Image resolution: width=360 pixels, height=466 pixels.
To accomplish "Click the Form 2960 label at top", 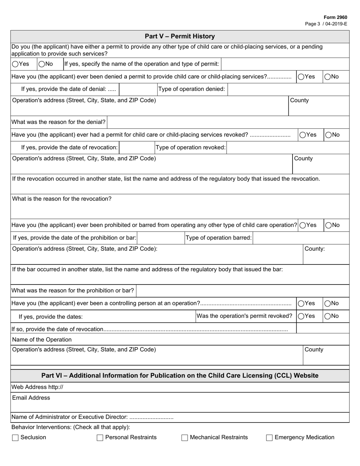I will (335, 17).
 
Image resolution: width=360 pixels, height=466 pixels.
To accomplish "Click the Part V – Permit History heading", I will (180, 36).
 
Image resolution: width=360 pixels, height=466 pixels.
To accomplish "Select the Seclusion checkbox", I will (16, 438).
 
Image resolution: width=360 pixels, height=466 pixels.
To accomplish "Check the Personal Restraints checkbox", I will (100, 438).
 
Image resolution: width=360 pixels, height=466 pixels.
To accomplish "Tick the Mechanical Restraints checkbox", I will (185, 438).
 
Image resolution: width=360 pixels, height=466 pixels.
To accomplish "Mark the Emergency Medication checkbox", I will (269, 438).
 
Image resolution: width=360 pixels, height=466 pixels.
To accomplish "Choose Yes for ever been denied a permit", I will (301, 77).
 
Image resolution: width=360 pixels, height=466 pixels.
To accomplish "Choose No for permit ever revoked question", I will (328, 134).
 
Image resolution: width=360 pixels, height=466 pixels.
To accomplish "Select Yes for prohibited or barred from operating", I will (303, 225).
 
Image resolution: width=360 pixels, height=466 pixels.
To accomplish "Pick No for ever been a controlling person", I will (328, 303).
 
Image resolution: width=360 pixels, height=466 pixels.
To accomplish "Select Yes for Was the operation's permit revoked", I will (301, 316).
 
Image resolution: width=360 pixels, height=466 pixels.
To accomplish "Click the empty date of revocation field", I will (136, 147).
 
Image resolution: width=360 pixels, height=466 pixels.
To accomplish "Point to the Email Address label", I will (31, 398).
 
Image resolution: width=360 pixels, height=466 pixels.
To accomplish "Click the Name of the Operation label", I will (42, 339).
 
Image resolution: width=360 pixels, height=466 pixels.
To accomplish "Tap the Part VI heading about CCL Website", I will (180, 375).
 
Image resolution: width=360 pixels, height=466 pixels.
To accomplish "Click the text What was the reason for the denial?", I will (59, 122).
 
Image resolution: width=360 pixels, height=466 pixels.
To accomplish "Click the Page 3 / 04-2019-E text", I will (326, 23).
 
